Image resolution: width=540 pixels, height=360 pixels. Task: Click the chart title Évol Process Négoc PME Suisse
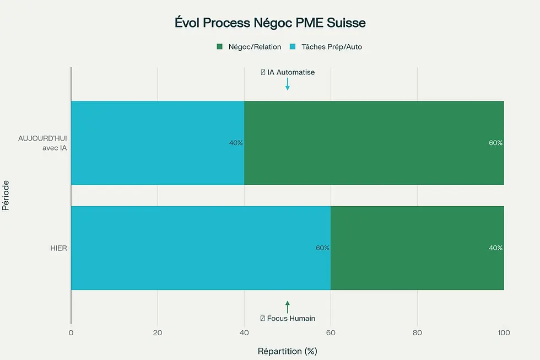pyautogui.click(x=269, y=24)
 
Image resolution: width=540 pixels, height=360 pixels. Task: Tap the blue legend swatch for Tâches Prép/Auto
pyautogui.click(x=293, y=47)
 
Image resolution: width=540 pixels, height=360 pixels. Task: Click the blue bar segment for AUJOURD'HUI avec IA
pyautogui.click(x=157, y=143)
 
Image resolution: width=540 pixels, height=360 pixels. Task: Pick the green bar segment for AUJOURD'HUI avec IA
pyautogui.click(x=374, y=143)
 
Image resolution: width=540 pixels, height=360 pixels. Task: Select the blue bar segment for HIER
pyautogui.click(x=201, y=248)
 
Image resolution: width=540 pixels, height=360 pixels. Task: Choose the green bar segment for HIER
pyautogui.click(x=417, y=248)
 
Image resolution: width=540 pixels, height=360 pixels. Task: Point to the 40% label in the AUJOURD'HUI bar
pyautogui.click(x=236, y=143)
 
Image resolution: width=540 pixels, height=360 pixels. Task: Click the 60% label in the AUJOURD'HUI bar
pyautogui.click(x=495, y=143)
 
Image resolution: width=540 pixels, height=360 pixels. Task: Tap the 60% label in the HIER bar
pyautogui.click(x=322, y=248)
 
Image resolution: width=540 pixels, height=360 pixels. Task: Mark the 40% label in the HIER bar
pyautogui.click(x=495, y=248)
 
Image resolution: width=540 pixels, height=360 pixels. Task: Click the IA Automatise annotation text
pyautogui.click(x=288, y=72)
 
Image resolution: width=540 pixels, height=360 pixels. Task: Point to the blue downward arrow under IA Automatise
pyautogui.click(x=287, y=84)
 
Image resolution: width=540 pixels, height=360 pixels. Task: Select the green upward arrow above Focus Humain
pyautogui.click(x=287, y=307)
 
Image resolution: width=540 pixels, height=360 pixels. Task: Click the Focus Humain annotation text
pyautogui.click(x=288, y=319)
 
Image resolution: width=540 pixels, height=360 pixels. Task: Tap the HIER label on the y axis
pyautogui.click(x=58, y=248)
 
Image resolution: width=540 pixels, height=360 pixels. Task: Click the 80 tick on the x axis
pyautogui.click(x=417, y=332)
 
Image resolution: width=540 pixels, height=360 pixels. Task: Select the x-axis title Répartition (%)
pyautogui.click(x=287, y=351)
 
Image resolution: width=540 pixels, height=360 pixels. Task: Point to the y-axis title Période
pyautogui.click(x=6, y=195)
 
